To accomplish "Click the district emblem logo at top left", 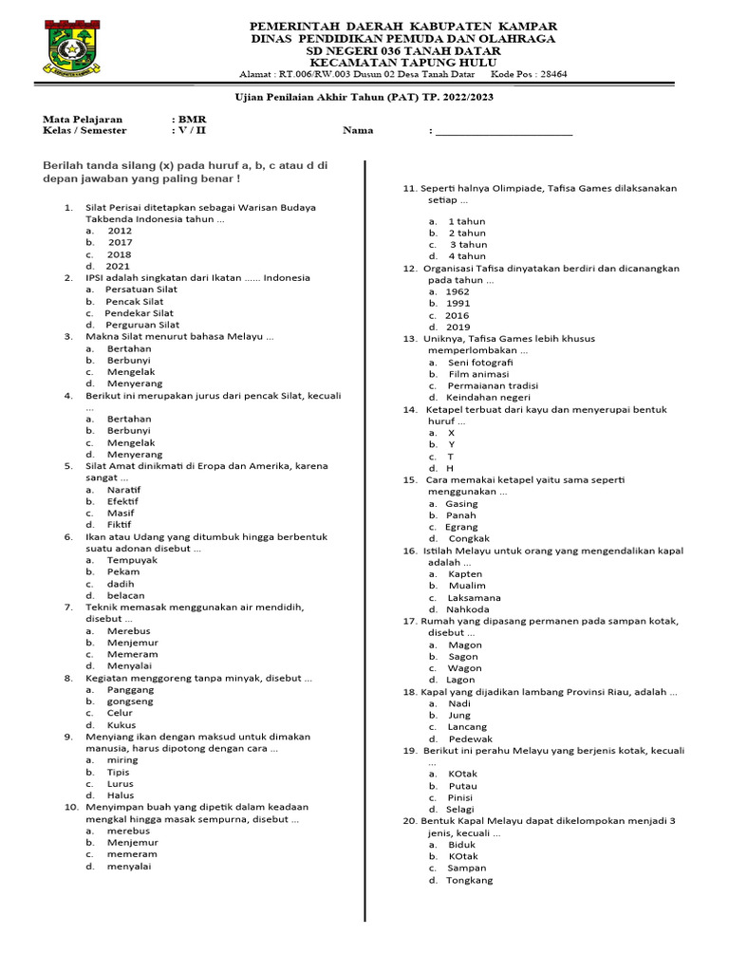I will tap(70, 48).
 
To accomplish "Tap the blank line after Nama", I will tap(503, 132).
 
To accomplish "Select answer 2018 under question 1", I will tap(119, 254).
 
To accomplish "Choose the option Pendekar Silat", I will tap(140, 312).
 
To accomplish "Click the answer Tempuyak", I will tap(132, 560).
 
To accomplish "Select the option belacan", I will tap(126, 595).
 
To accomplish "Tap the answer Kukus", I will tap(121, 724).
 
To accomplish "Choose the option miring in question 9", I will tap(122, 760).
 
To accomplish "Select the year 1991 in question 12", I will tap(458, 304).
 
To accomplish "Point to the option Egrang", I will tap(461, 527).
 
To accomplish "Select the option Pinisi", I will tap(461, 797).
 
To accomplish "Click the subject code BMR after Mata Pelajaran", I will tap(193, 119).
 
